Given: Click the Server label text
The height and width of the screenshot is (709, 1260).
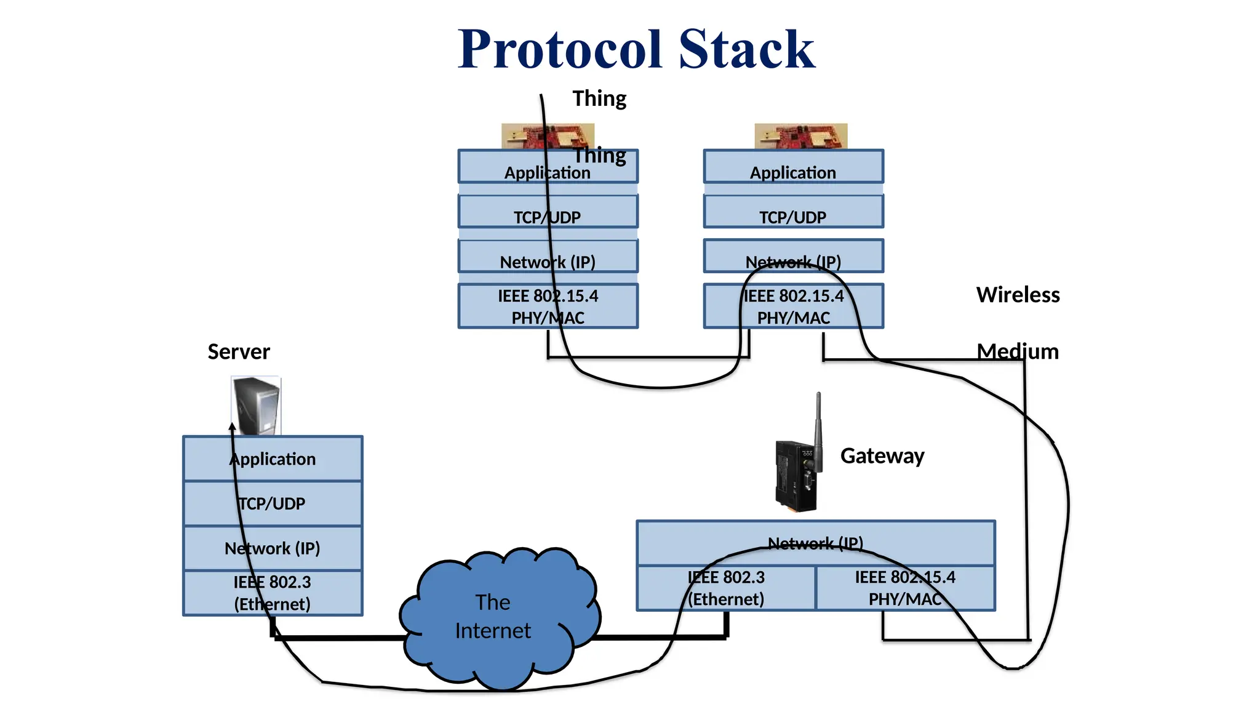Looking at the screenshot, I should pyautogui.click(x=239, y=351).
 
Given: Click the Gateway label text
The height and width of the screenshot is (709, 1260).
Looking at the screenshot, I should pyautogui.click(x=882, y=455).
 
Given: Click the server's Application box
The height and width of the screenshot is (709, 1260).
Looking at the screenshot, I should pyautogui.click(x=273, y=459).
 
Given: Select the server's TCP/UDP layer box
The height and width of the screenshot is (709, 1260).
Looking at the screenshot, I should pyautogui.click(x=273, y=503).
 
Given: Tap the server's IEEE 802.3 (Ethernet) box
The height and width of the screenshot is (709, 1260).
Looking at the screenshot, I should pyautogui.click(x=273, y=593).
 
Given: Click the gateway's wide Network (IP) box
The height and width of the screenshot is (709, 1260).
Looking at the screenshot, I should pyautogui.click(x=815, y=543).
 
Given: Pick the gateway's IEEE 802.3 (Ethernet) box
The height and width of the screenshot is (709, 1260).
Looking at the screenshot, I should pyautogui.click(x=726, y=588).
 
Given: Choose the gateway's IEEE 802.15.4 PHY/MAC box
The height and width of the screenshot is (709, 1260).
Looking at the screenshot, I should pyautogui.click(x=905, y=588).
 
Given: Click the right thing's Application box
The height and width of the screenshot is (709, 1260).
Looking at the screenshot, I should pyautogui.click(x=793, y=167).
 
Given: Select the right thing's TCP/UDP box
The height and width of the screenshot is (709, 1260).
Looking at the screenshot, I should pyautogui.click(x=793, y=212).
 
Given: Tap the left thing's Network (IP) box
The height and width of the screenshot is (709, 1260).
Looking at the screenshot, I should pyautogui.click(x=548, y=257).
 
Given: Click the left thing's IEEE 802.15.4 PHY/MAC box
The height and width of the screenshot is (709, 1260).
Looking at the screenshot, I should pyautogui.click(x=548, y=306).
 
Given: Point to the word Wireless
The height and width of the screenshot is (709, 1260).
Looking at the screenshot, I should pyautogui.click(x=1018, y=295).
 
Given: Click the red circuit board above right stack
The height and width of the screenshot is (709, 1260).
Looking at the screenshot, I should pyautogui.click(x=800, y=136).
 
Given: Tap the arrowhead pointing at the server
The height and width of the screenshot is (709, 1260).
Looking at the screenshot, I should pyautogui.click(x=233, y=426).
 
